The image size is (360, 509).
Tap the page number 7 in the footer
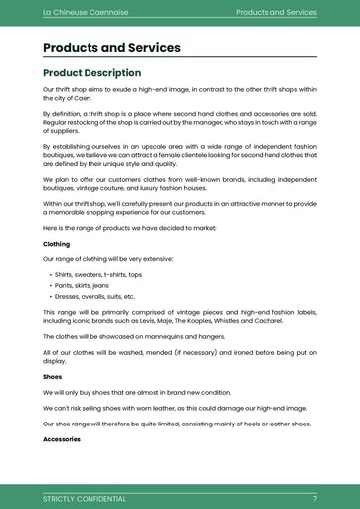314,498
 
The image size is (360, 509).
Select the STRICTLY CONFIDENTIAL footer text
85,498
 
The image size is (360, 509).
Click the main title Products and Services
111,47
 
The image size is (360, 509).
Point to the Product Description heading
91,73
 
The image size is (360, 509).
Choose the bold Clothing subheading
56,243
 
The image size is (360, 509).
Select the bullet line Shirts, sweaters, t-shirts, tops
98,274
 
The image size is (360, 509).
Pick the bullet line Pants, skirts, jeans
83,285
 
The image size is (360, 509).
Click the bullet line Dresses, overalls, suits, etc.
95,296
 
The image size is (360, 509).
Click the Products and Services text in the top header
275,12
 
